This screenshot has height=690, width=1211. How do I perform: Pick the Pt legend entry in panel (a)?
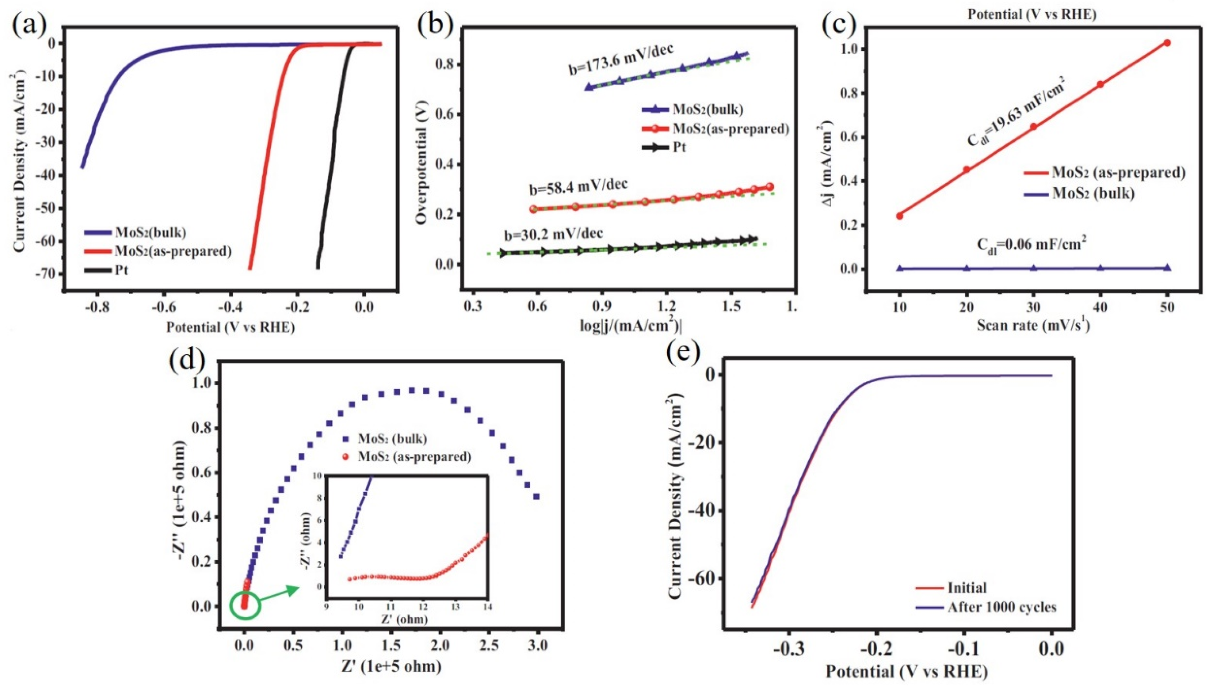120,271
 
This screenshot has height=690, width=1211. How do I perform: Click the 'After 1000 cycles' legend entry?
1002,620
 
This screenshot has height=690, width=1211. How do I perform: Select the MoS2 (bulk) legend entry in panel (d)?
392,439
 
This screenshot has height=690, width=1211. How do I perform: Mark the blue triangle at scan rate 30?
1034,268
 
